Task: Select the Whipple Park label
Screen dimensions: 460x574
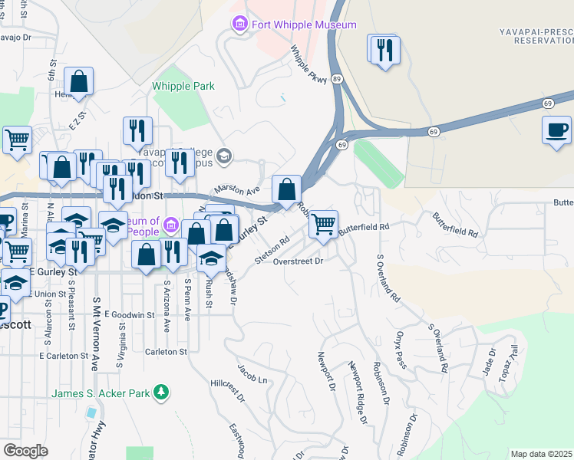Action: [183, 87]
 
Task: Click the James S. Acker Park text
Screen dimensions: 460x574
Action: [100, 393]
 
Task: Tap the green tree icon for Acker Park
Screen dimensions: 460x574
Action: [160, 393]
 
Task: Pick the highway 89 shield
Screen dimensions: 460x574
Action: [337, 78]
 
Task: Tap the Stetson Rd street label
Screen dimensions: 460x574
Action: [272, 250]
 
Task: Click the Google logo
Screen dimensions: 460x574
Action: [25, 450]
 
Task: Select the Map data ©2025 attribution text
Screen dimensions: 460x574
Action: [541, 454]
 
